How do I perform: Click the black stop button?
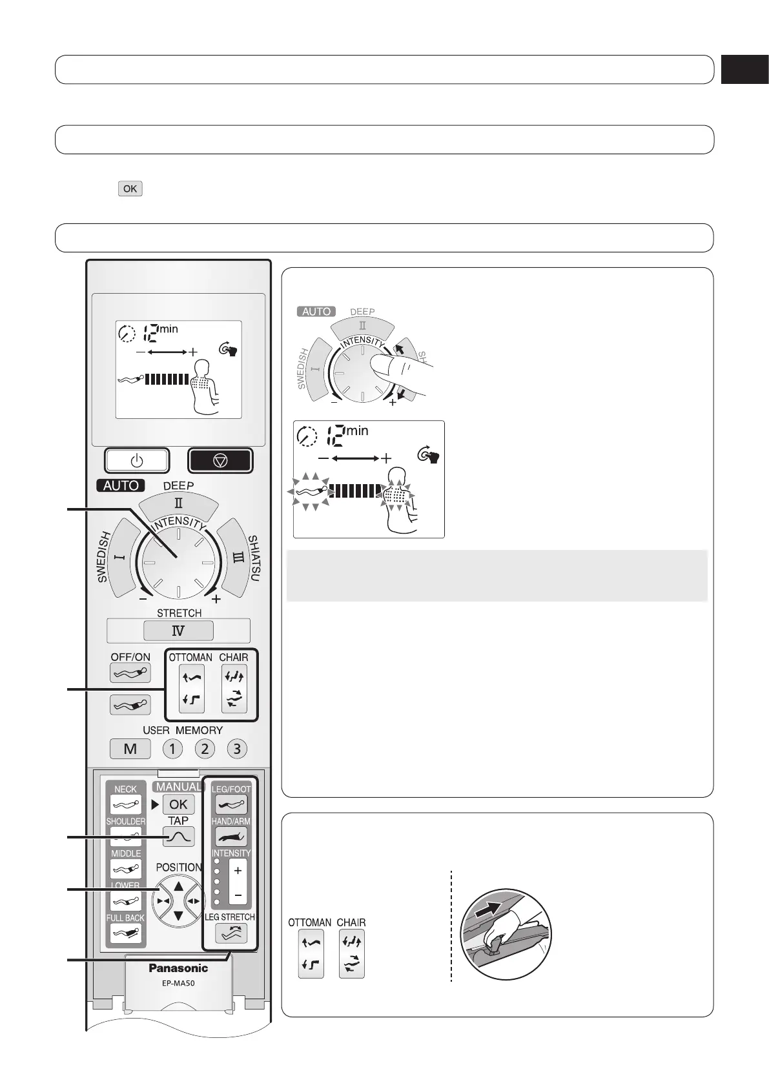(220, 460)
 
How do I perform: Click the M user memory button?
(130, 749)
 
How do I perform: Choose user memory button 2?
(204, 749)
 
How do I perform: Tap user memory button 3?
(237, 749)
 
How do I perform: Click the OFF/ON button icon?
(130, 673)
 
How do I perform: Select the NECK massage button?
(126, 804)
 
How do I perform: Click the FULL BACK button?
(126, 933)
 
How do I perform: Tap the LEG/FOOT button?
(231, 804)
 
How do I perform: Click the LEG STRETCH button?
(231, 933)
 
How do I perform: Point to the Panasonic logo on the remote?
(178, 968)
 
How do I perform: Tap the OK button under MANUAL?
(178, 804)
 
